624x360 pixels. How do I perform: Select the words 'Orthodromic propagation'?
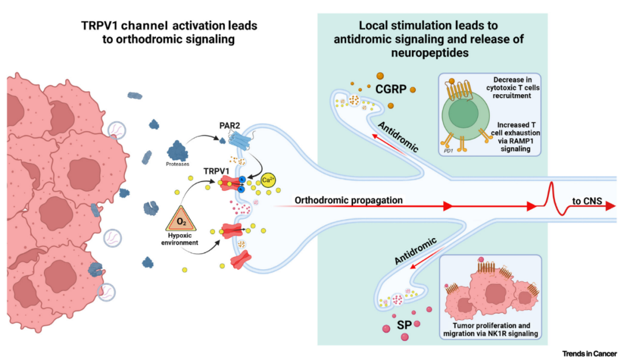349,201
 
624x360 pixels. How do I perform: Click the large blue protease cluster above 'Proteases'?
178,150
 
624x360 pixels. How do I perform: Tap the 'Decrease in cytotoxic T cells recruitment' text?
516,87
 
